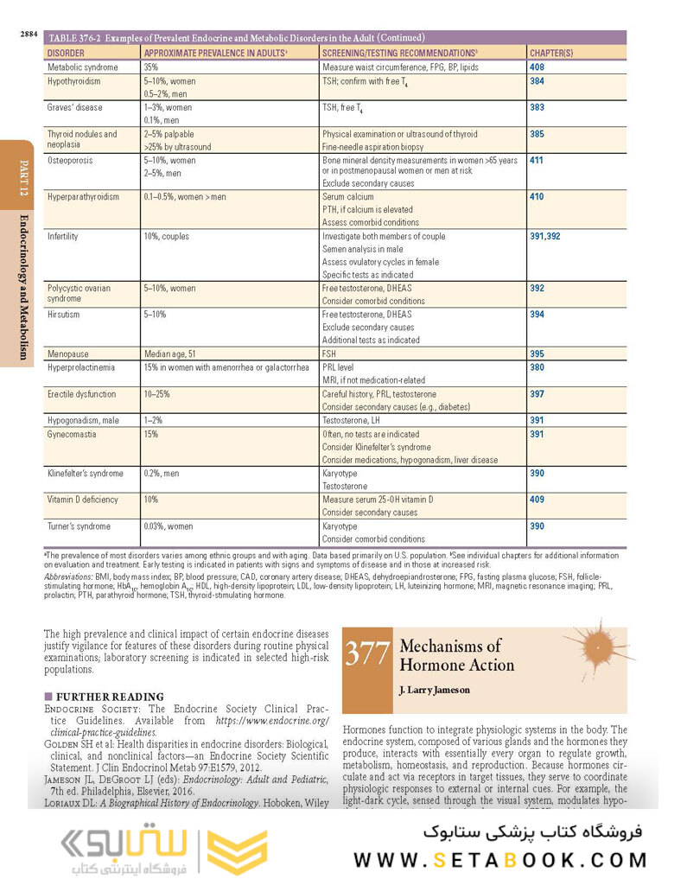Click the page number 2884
click(29, 35)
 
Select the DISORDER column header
click(66, 53)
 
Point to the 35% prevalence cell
click(151, 67)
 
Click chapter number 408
click(537, 67)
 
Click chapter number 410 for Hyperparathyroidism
click(537, 197)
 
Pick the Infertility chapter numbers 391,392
click(544, 236)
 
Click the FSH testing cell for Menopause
click(329, 354)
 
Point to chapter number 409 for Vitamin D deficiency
click(537, 500)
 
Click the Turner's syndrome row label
click(79, 526)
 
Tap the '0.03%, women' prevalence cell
click(169, 526)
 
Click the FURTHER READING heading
click(110, 697)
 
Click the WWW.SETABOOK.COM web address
click(499, 860)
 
